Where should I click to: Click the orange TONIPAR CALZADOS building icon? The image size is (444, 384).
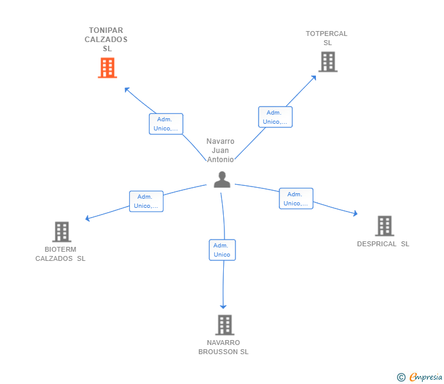point(107,68)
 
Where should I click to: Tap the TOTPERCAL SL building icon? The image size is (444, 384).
point(328,62)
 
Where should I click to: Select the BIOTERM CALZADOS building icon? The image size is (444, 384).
point(62,232)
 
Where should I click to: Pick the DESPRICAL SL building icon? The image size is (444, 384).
point(384,226)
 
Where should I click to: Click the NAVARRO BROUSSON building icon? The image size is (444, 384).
point(225,325)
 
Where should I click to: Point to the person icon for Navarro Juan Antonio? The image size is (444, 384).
point(222,179)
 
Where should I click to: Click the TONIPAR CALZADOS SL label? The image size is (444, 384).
point(106,40)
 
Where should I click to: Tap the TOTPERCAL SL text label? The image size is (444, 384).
point(327,38)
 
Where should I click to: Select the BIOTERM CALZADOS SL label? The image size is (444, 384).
point(60,254)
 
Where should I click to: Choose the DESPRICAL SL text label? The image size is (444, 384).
point(383,244)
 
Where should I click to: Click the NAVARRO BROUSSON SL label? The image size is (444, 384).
point(223,347)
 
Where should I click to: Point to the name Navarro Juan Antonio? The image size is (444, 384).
point(220,151)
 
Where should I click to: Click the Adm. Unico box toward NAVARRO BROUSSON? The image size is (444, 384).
point(222,250)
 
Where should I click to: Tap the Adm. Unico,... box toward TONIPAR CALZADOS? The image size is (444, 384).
point(166,124)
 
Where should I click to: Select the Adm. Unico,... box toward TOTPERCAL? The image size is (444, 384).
point(275,117)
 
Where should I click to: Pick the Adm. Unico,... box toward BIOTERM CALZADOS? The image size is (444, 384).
point(146,201)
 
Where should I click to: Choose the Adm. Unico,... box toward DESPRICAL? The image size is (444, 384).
point(296,198)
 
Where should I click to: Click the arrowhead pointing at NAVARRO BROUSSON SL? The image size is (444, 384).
point(223,307)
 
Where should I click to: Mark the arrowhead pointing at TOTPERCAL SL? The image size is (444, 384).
point(313,78)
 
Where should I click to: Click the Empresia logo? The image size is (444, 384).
point(420,377)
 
